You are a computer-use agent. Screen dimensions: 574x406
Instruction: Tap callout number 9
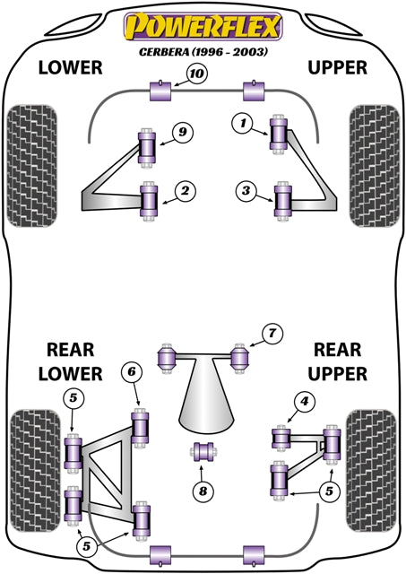(x=182, y=133)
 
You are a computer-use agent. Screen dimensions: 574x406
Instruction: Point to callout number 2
(x=184, y=190)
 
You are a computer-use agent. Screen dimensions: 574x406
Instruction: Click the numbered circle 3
(x=245, y=189)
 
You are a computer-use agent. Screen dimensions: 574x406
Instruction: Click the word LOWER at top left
(x=70, y=68)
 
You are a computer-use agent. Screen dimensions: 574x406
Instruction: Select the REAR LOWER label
(x=69, y=361)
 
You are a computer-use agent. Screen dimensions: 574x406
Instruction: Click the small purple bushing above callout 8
(x=203, y=450)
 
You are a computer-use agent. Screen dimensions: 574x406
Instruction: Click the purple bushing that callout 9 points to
(x=147, y=147)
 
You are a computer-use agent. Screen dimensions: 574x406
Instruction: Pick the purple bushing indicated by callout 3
(x=284, y=200)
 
